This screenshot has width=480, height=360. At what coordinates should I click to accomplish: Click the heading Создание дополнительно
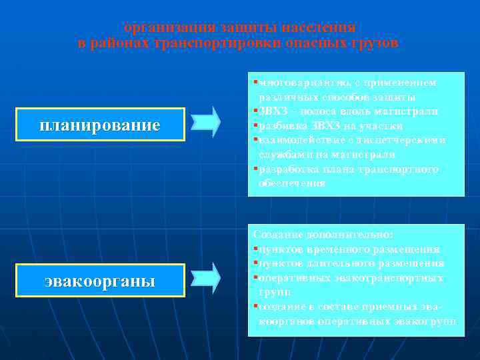coord(324,235)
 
